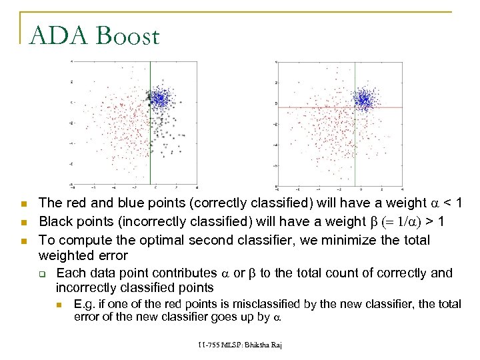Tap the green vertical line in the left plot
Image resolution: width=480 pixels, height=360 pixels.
151,147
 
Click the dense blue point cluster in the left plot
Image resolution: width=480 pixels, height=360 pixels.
159,99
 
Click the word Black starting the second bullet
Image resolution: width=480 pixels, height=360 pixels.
55,220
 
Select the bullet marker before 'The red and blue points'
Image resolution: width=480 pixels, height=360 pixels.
23,203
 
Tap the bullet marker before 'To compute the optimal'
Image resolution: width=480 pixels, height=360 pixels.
23,238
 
